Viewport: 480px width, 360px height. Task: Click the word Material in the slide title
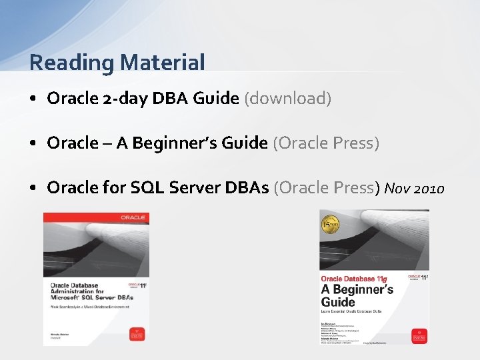click(163, 63)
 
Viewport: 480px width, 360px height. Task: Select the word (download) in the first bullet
click(288, 99)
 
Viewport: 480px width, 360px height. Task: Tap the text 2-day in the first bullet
click(126, 99)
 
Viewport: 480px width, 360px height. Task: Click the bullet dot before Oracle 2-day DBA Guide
click(33, 99)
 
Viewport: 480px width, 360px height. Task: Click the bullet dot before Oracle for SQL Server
click(33, 189)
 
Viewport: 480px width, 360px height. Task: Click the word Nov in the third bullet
click(397, 189)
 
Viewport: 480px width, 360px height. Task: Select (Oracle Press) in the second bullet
click(326, 143)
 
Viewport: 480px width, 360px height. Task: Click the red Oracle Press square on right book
click(417, 333)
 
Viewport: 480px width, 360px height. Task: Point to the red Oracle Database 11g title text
click(355, 278)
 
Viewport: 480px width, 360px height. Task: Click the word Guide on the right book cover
click(339, 302)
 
